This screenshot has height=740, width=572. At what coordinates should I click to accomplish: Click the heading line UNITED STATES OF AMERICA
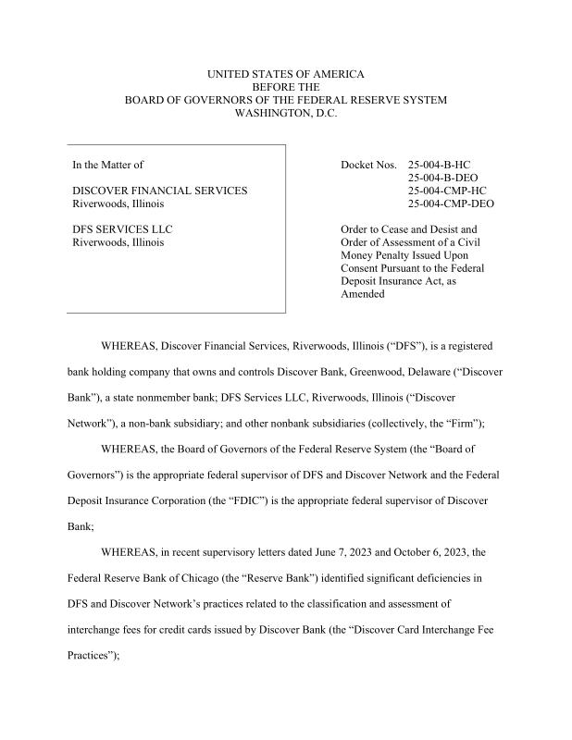(x=285, y=73)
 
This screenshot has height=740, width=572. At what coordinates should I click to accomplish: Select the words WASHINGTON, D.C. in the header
(x=285, y=113)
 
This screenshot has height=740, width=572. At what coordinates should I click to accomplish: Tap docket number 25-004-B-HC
(x=445, y=165)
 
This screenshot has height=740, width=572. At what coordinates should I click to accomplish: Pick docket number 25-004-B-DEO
(x=450, y=178)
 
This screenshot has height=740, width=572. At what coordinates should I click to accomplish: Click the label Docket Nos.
(x=368, y=165)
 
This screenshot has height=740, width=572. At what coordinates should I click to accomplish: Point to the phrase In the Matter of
(x=107, y=165)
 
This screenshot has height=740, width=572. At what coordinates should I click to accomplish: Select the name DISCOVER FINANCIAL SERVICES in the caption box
(x=159, y=191)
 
